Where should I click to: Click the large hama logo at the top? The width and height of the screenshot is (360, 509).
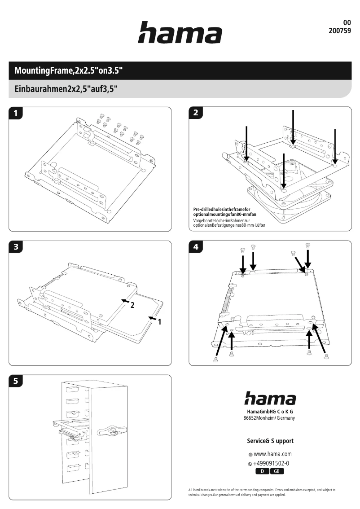click(180, 33)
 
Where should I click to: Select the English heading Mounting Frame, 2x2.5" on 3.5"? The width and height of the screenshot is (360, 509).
click(69, 71)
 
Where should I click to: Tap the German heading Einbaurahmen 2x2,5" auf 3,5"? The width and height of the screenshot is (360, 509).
click(66, 88)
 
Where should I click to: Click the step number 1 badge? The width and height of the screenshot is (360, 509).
click(17, 113)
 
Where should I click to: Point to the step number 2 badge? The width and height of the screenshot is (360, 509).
click(195, 113)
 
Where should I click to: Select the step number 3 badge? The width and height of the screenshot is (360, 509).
click(17, 246)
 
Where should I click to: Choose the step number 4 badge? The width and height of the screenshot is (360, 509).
click(195, 246)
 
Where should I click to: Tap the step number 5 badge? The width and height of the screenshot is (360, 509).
click(17, 381)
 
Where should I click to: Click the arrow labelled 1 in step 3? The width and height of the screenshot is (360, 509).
click(153, 319)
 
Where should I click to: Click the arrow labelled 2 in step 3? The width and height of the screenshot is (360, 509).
click(125, 300)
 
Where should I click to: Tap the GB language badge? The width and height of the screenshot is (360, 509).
click(277, 471)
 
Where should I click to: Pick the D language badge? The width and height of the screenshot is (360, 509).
click(263, 471)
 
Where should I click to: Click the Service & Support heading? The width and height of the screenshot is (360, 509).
click(270, 441)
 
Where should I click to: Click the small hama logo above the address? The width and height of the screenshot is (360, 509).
click(270, 399)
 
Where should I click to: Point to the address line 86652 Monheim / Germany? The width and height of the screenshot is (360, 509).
click(269, 417)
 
